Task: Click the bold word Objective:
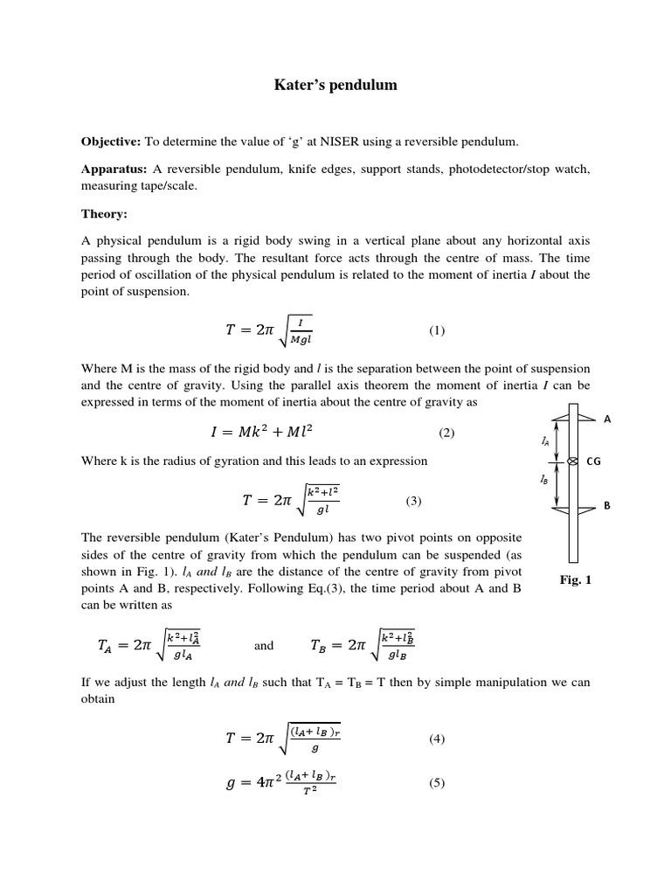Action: [x=111, y=142]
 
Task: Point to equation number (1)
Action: [x=437, y=330]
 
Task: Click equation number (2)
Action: [x=446, y=433]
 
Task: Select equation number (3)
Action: [x=413, y=501]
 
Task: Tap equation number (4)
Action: [x=437, y=739]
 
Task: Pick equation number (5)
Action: [x=437, y=783]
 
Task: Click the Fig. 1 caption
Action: [x=575, y=579]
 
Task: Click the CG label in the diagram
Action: [x=593, y=461]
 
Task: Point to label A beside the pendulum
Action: [x=607, y=419]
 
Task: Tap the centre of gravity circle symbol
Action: [x=573, y=461]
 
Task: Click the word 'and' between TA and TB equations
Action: [x=264, y=646]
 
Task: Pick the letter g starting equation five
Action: [x=232, y=785]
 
